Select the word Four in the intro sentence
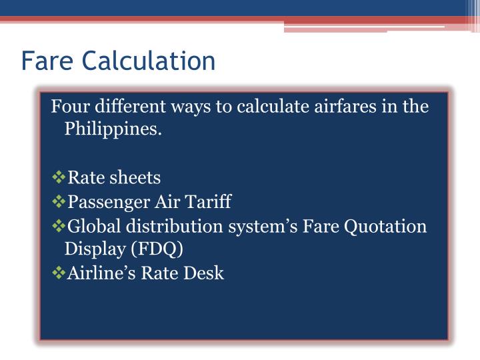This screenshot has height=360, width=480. pyautogui.click(x=71, y=107)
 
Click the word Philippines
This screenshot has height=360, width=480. pyautogui.click(x=113, y=129)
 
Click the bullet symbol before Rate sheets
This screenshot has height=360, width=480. pyautogui.click(x=59, y=178)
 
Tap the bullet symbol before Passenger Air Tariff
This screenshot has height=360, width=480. pyautogui.click(x=59, y=201)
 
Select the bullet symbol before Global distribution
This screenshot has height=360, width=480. pyautogui.click(x=59, y=226)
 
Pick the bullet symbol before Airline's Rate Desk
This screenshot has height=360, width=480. pyautogui.click(x=59, y=273)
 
